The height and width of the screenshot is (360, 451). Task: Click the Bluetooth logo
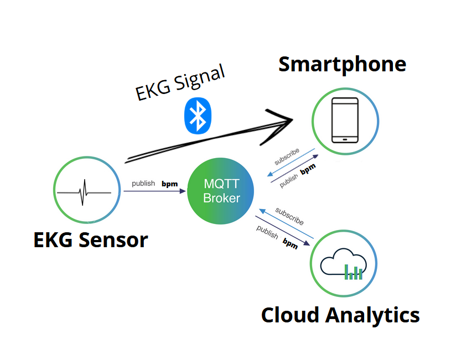click(197, 116)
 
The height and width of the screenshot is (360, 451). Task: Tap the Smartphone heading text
click(342, 65)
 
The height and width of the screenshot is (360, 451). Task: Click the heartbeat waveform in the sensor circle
click(85, 191)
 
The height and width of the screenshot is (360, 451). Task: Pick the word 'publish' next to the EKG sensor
click(143, 183)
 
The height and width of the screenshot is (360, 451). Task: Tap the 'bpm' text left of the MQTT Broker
click(169, 183)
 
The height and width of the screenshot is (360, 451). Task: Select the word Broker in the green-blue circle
click(221, 198)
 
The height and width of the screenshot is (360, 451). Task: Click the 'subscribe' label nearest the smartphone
click(287, 157)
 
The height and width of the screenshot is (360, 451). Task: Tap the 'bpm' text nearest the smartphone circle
click(308, 168)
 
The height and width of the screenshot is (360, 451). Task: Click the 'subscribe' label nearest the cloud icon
click(289, 216)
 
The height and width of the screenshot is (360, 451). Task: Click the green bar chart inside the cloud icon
click(354, 272)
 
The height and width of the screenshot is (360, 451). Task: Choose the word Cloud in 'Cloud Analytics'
click(291, 315)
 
